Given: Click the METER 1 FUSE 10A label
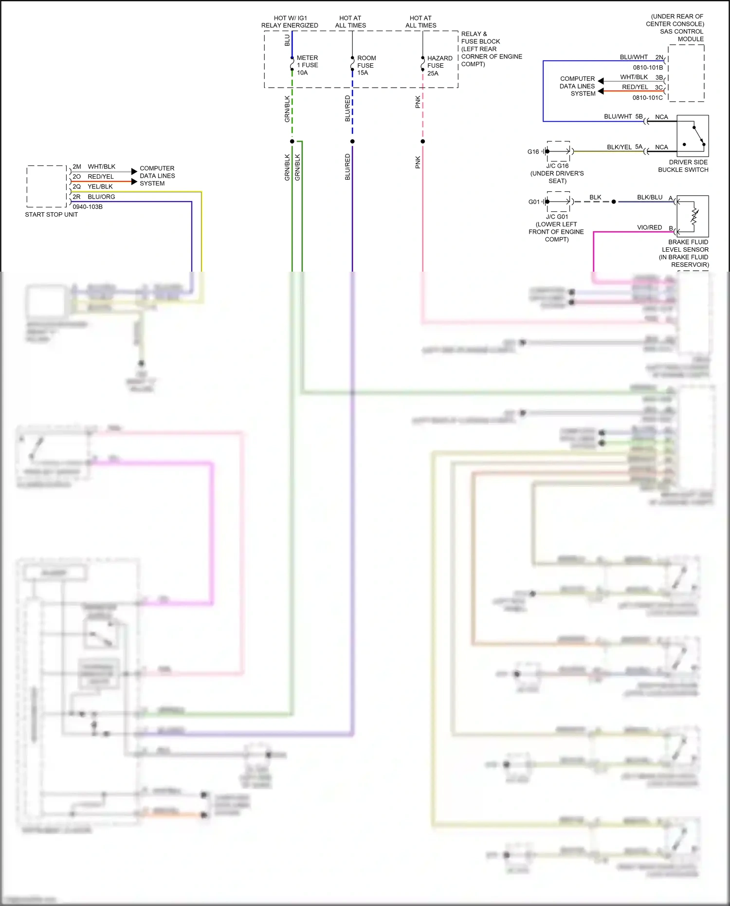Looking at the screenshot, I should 307,65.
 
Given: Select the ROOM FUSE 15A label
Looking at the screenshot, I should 366,65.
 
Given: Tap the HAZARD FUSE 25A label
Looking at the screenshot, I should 439,66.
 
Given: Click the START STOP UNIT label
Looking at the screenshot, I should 51,215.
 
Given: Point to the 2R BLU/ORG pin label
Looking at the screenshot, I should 94,197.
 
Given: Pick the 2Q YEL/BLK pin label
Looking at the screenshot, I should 93,186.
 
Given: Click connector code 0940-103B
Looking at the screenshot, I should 88,207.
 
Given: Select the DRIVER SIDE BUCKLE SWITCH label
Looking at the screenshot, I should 683,166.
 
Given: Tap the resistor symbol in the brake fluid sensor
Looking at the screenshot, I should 694,218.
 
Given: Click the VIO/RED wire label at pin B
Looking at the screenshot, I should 649,227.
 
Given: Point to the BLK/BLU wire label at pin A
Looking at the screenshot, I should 650,197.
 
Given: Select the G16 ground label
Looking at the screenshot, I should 533,152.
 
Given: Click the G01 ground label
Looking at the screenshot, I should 534,202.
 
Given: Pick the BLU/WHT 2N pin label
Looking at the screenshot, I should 641,57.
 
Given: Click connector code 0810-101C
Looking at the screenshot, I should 647,98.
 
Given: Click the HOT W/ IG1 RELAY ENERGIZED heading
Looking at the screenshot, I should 290,22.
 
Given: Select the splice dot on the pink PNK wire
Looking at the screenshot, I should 422,142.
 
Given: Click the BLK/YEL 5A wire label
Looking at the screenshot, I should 624,147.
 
